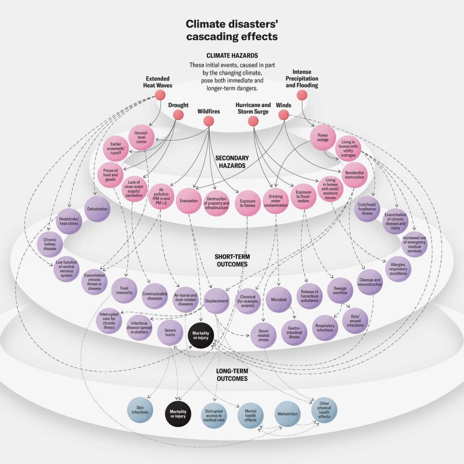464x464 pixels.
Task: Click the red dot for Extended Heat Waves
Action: click(x=160, y=95)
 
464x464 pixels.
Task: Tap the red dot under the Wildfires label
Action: click(x=209, y=121)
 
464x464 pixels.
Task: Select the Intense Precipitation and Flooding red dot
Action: click(x=302, y=95)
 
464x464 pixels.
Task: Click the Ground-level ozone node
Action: click(x=141, y=137)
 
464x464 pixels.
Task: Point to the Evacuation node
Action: click(x=189, y=201)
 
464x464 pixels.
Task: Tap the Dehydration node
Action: click(x=97, y=209)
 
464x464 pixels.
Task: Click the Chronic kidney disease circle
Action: click(x=50, y=241)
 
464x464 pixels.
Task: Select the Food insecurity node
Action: click(x=124, y=291)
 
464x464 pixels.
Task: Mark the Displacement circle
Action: click(x=217, y=301)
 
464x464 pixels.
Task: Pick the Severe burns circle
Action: click(x=170, y=333)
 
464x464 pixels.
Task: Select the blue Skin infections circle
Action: click(x=140, y=410)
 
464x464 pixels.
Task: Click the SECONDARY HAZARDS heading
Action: click(x=232, y=162)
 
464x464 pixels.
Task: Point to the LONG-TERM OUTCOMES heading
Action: click(x=232, y=375)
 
